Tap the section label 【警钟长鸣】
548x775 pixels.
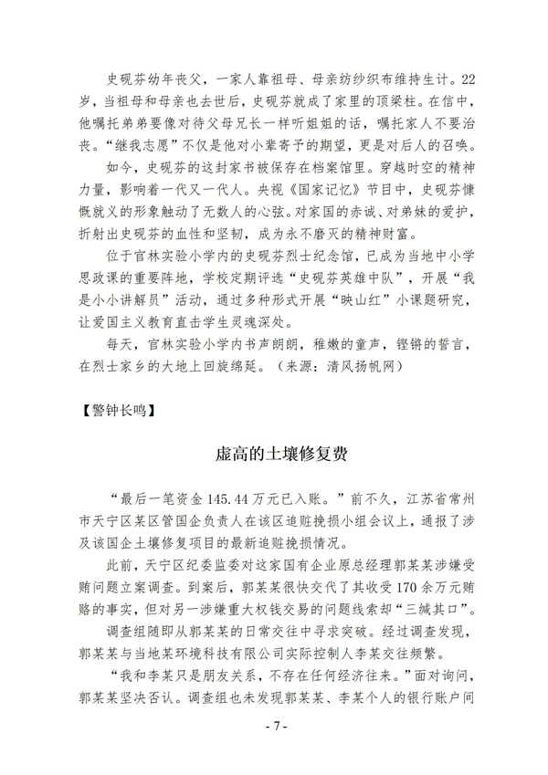[x=117, y=410]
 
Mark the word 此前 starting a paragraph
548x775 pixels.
[x=121, y=564]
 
